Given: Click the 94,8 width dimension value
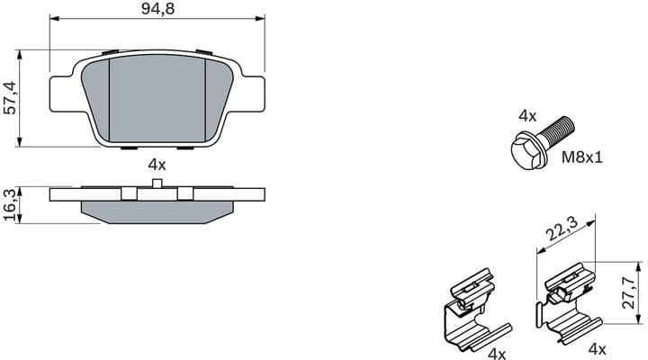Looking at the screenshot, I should point(157,10).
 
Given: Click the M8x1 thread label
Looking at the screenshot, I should point(581,157).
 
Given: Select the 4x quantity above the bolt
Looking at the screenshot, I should point(527,116).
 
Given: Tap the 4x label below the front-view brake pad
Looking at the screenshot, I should point(157,164).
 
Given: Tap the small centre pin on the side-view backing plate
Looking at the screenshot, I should point(157,184).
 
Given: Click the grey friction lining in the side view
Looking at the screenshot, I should point(157,212).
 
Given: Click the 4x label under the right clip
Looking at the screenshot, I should point(597,347).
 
